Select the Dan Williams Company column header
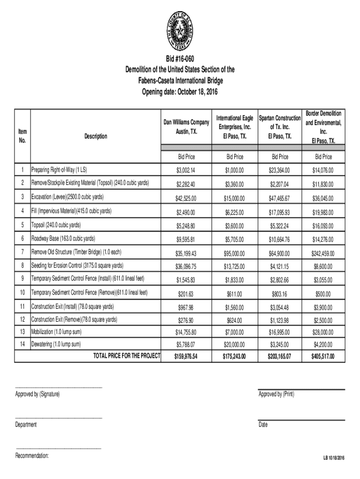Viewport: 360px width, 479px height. tap(186, 126)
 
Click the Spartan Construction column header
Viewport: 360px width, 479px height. tap(280, 126)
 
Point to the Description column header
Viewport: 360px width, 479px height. tap(96, 137)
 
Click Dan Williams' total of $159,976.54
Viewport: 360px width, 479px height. tap(186, 357)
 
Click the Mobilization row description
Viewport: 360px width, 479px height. tap(56, 332)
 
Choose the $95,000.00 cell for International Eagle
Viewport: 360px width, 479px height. tap(233, 254)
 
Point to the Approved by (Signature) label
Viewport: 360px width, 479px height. tap(37, 395)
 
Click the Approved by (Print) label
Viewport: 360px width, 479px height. tap(276, 395)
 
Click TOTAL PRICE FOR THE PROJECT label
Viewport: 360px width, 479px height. tap(127, 356)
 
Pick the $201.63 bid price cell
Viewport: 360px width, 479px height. tap(186, 294)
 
